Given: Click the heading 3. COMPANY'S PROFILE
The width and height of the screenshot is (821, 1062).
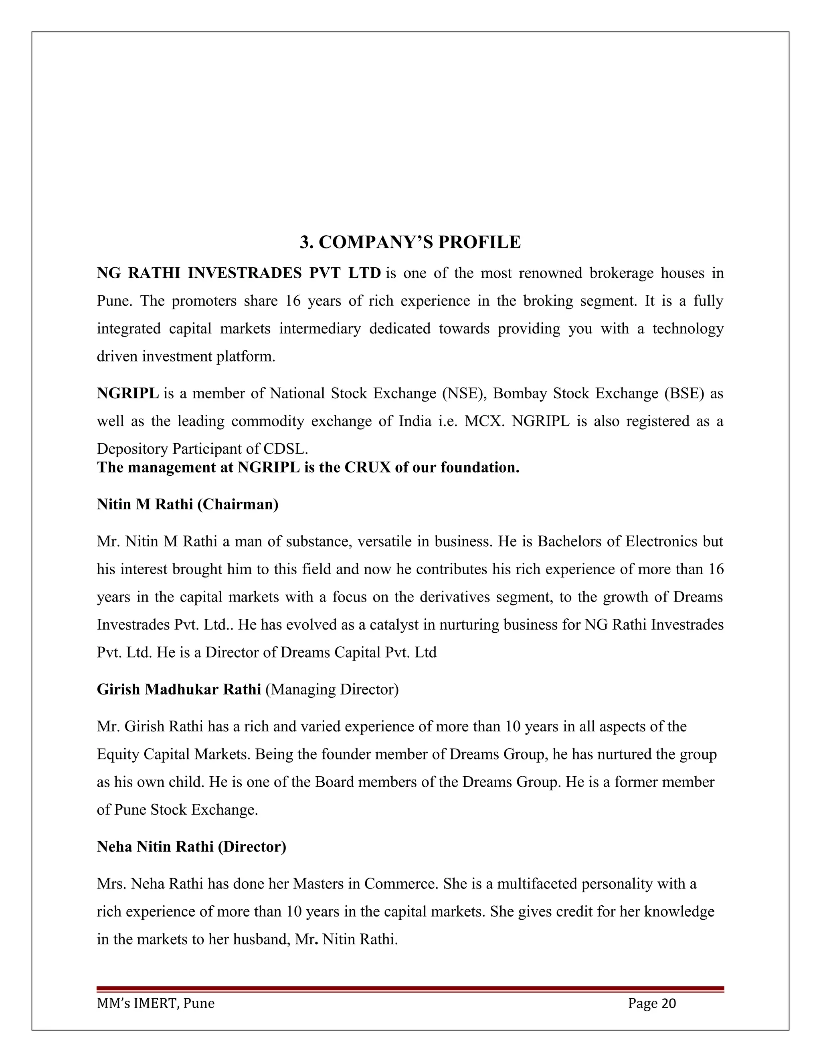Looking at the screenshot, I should point(410,242).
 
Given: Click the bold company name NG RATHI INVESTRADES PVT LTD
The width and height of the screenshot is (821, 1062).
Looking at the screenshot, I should point(239,273).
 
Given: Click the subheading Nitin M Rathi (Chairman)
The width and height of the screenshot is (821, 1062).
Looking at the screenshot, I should point(188,504).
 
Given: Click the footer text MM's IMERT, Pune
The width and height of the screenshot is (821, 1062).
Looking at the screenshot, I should point(156,1003).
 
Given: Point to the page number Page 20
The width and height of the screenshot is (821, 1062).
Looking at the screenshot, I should point(652,1003).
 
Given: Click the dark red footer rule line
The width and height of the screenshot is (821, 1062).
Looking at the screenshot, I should point(410,989).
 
